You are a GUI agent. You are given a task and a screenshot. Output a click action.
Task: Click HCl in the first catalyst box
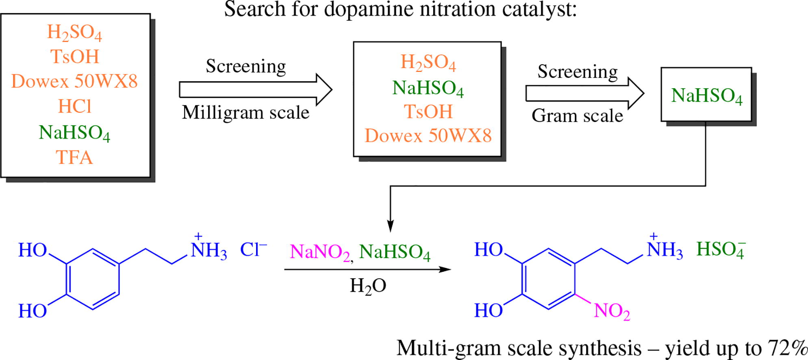pos(75,106)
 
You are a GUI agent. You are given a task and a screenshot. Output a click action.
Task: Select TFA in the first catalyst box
pos(74,157)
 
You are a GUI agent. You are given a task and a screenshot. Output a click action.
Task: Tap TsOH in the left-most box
pos(75,56)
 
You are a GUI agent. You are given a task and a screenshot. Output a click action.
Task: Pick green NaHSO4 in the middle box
pos(428,88)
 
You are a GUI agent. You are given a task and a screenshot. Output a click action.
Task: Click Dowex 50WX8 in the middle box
pos(428,136)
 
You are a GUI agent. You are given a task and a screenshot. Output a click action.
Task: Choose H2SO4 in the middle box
pos(428,63)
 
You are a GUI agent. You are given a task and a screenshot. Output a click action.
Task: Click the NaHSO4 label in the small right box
pos(706,96)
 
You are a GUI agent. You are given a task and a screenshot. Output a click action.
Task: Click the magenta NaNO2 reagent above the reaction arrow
pos(319,252)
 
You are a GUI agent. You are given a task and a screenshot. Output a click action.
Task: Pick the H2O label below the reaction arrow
pos(368,286)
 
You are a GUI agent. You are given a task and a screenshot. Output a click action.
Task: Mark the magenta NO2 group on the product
pos(612,311)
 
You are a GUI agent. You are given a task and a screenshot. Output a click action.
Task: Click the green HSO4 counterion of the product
pos(721,249)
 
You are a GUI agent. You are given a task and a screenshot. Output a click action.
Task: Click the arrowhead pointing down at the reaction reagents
pos(390,226)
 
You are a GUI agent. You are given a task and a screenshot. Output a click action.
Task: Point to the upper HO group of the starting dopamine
pos(33,250)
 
